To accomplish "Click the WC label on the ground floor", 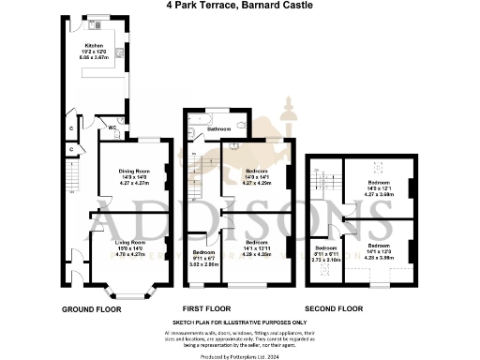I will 112,127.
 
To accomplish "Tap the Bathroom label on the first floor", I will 218,128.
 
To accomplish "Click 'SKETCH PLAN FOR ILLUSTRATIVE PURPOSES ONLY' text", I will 240,322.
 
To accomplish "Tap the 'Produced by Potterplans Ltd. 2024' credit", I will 240,354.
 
